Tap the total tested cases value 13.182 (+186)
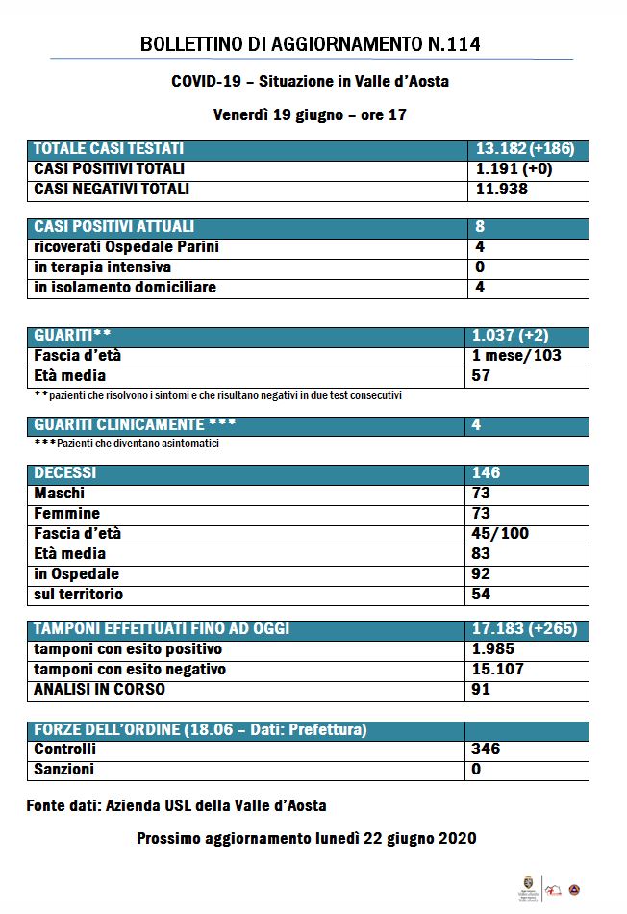[524, 149]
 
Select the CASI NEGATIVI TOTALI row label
[112, 190]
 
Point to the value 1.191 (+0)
[514, 169]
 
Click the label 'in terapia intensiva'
[103, 267]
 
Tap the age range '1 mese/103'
[517, 356]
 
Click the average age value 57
[482, 376]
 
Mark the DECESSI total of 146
[487, 473]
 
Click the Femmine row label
[66, 514]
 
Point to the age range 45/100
[501, 534]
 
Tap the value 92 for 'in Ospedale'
[482, 574]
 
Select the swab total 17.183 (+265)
[524, 629]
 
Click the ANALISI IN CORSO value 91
[482, 689]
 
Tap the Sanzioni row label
[63, 770]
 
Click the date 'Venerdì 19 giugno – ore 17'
[310, 114]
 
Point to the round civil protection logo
[575, 890]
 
